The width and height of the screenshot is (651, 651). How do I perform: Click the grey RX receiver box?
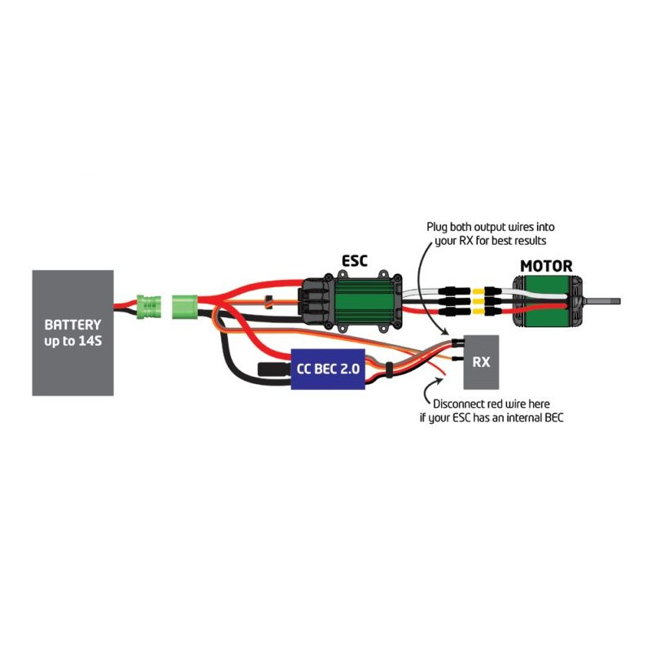tap(482, 361)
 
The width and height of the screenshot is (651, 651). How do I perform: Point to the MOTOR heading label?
tap(546, 265)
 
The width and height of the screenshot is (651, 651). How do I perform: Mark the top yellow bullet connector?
tap(492, 290)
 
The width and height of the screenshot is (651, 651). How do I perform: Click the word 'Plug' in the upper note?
tap(440, 227)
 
